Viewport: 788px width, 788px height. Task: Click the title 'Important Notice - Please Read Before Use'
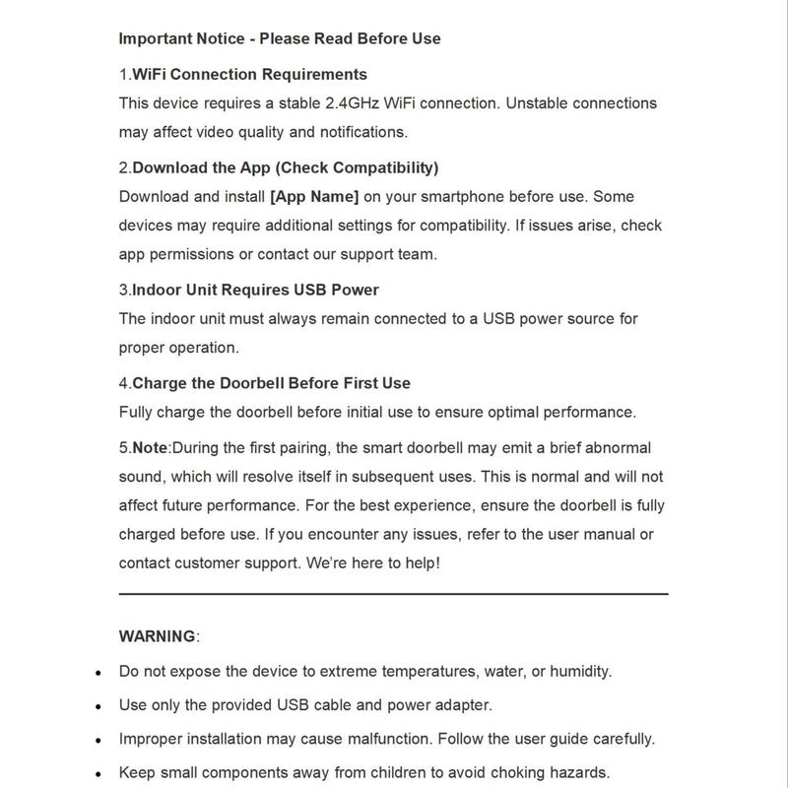[280, 39]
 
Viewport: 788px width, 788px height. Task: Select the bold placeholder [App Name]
[314, 196]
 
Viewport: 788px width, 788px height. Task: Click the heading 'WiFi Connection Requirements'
[249, 74]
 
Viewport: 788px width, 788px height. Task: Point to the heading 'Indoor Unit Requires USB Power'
[255, 290]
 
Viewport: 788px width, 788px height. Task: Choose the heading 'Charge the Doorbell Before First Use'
[271, 383]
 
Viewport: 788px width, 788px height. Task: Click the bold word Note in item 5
[150, 447]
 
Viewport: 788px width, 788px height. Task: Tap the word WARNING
[158, 635]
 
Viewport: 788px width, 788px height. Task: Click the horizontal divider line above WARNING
[394, 594]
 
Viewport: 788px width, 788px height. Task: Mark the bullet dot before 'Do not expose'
[99, 673]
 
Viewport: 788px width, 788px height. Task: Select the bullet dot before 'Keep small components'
[99, 773]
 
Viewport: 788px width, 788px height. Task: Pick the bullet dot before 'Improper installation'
[99, 740]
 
